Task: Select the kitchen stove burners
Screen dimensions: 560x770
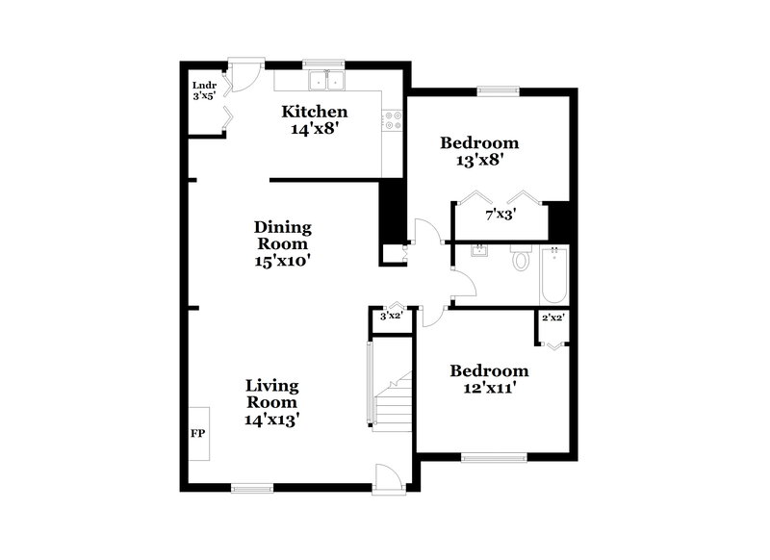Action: click(x=393, y=120)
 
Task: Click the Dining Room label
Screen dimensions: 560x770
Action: click(x=283, y=236)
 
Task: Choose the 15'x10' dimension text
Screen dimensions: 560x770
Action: click(x=283, y=260)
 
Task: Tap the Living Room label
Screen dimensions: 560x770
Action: click(x=270, y=394)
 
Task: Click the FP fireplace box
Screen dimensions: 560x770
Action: click(x=199, y=434)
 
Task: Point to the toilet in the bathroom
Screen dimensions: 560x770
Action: click(x=521, y=259)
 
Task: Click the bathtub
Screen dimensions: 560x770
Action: click(x=555, y=275)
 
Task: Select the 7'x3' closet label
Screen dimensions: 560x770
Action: click(x=500, y=216)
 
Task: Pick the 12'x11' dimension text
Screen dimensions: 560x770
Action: click(x=489, y=389)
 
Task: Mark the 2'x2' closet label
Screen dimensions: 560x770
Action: click(x=552, y=318)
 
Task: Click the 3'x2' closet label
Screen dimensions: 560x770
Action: click(x=391, y=316)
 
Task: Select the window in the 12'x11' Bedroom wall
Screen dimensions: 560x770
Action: click(x=494, y=456)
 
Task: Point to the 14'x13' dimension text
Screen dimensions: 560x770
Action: click(x=270, y=420)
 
